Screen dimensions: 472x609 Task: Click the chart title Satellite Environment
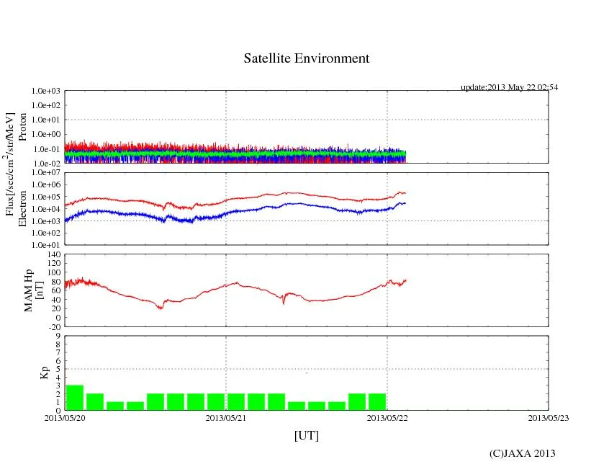click(306, 58)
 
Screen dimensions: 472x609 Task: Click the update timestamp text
click(509, 87)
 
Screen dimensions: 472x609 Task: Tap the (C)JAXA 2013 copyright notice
click(522, 453)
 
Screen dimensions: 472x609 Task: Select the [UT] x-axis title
click(306, 436)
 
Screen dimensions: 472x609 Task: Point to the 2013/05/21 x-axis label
click(226, 417)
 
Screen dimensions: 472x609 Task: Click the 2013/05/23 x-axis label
click(548, 417)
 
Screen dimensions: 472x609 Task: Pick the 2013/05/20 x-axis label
click(65, 417)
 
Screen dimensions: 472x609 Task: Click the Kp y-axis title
click(44, 373)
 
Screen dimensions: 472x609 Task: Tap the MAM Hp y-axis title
click(34, 286)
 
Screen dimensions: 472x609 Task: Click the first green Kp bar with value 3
click(75, 398)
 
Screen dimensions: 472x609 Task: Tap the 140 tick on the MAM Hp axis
click(53, 254)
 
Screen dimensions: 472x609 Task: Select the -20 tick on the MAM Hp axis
click(53, 326)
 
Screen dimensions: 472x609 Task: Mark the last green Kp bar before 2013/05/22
click(377, 402)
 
